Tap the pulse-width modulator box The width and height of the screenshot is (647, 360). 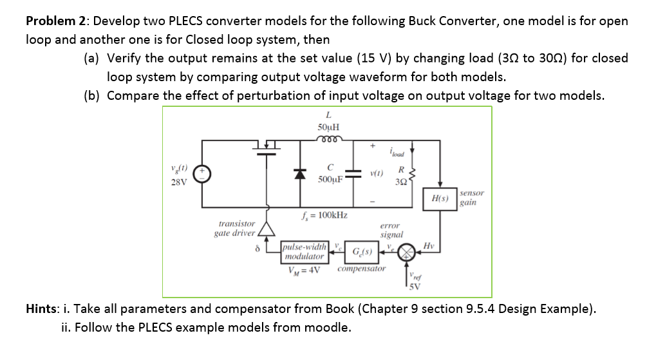(305, 251)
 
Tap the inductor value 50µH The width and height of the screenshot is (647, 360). (330, 128)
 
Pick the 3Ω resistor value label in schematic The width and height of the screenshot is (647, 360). (401, 181)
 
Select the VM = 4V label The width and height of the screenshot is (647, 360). (305, 269)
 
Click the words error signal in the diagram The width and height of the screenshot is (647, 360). (391, 231)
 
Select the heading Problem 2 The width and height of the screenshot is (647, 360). (55, 21)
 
